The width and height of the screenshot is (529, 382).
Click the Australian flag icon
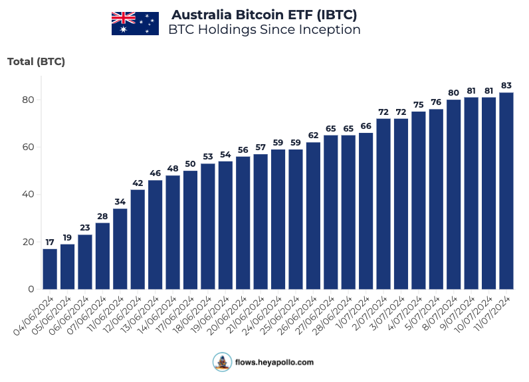point(134,23)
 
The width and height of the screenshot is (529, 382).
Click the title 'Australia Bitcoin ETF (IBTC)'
point(264,15)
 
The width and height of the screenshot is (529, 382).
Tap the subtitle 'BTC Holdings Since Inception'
point(264,30)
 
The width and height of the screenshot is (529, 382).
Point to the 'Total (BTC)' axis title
point(36,62)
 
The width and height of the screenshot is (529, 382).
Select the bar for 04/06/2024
point(50,269)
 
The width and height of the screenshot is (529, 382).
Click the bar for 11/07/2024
point(506,191)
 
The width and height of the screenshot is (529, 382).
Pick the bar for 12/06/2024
point(138,239)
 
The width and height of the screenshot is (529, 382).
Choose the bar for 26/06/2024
point(313,216)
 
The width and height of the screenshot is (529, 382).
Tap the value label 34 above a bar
point(120,202)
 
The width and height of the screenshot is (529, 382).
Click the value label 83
point(506,85)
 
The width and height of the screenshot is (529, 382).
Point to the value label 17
point(50,242)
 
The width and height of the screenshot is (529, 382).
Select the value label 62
point(313,135)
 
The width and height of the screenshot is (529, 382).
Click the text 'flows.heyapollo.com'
point(274,363)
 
